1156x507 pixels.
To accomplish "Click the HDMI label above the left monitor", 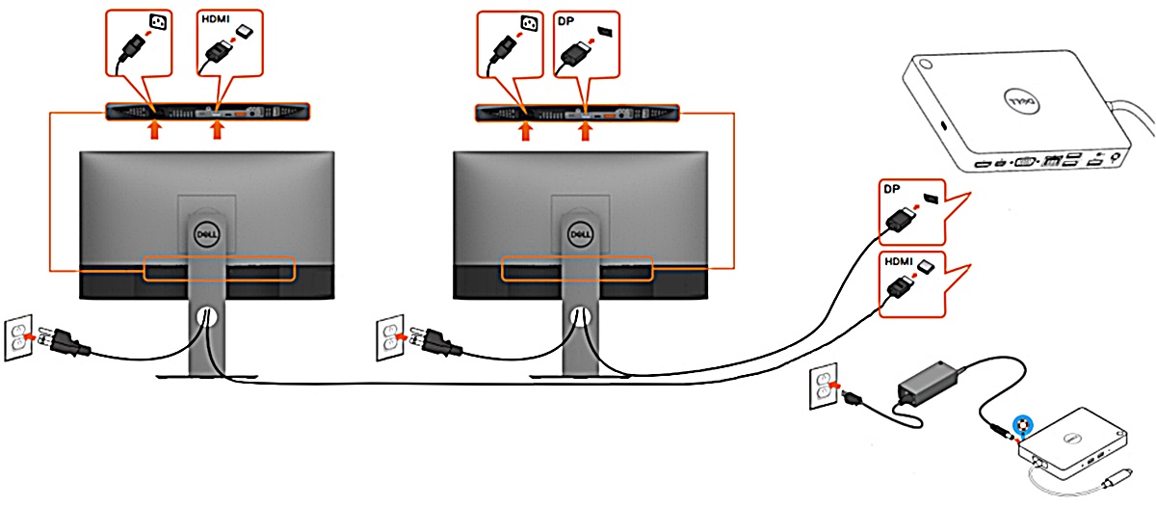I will tap(213, 19).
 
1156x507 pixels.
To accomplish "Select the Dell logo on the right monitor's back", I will tap(578, 232).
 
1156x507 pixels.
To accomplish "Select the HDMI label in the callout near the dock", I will tap(898, 262).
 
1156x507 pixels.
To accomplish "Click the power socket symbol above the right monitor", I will tap(527, 20).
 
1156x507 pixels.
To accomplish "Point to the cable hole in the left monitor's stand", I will tap(204, 315).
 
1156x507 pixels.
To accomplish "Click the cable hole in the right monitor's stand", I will tap(578, 315).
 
